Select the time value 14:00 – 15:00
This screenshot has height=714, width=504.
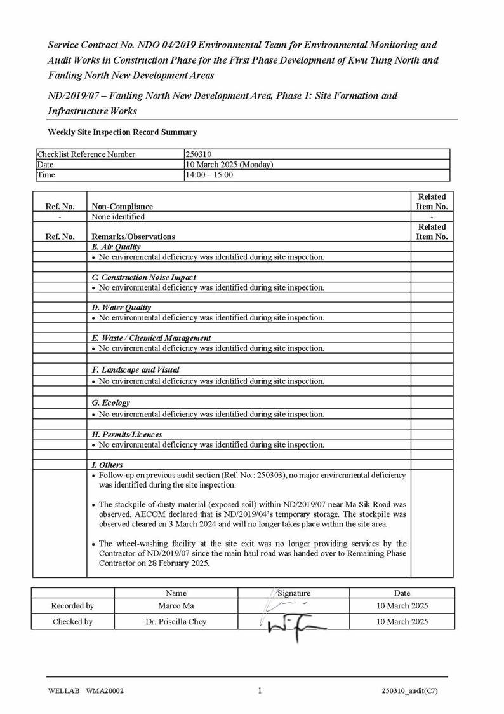click(209, 175)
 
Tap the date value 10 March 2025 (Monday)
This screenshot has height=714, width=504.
click(229, 165)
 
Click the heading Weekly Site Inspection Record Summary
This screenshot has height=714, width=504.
click(122, 132)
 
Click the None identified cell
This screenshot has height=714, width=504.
click(118, 216)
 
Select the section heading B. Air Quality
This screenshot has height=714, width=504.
click(116, 247)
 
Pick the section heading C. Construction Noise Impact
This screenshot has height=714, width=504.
click(143, 277)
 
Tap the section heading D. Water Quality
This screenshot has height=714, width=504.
click(121, 307)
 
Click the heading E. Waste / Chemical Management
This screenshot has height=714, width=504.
click(151, 338)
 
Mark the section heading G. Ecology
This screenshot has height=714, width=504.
click(110, 402)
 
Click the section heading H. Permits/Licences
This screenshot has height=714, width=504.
click(126, 434)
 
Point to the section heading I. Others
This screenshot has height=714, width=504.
click(107, 465)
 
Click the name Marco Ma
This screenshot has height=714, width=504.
click(176, 606)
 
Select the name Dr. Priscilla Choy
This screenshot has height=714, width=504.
click(176, 622)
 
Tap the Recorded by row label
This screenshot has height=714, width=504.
click(72, 606)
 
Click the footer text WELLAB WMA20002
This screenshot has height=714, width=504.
click(86, 692)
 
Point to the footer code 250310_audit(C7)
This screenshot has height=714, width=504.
click(409, 692)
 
